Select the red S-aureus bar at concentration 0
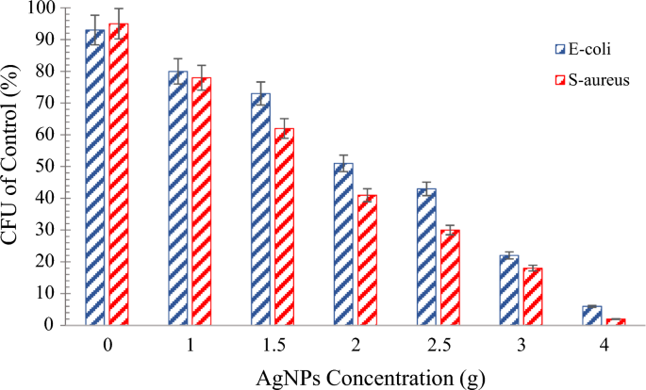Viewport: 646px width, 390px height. (x=118, y=174)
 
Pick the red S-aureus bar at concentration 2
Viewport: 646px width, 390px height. (x=366, y=260)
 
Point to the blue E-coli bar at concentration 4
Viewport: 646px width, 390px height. (x=592, y=316)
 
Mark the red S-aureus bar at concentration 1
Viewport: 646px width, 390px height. (x=201, y=202)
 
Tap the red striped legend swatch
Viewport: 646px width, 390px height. (x=560, y=80)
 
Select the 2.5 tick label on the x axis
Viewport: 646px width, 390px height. (x=437, y=346)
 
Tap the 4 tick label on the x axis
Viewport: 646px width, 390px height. (x=604, y=346)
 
